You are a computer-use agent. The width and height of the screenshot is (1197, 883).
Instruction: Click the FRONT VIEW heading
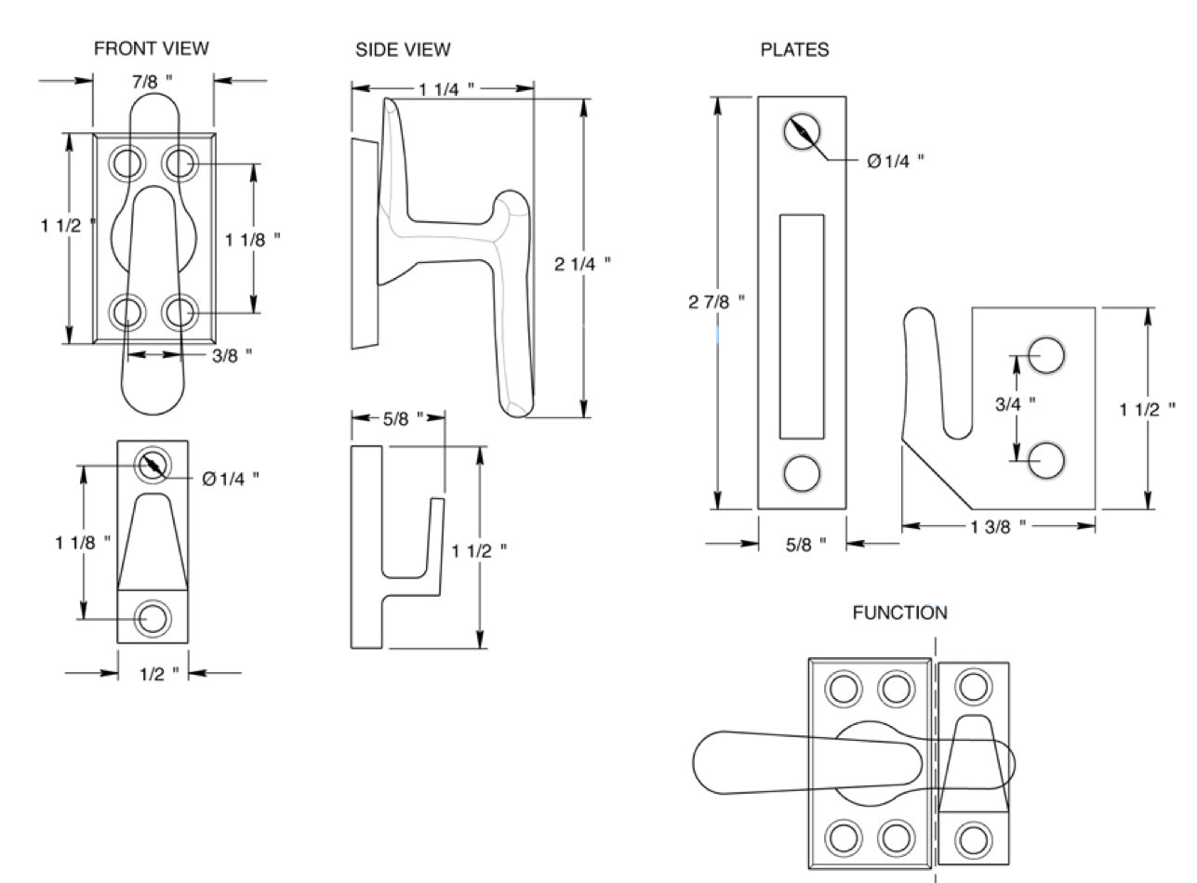tap(152, 47)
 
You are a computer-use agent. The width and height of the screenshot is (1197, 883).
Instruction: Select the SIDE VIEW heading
tap(403, 50)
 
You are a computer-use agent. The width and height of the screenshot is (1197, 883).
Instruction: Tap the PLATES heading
tap(794, 50)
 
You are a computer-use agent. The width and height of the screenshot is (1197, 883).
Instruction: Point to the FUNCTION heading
tap(899, 613)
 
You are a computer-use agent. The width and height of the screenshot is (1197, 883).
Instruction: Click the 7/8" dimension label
tap(151, 82)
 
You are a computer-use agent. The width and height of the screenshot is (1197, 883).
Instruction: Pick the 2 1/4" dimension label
tap(582, 264)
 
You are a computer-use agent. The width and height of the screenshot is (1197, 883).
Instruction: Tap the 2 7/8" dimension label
tap(717, 302)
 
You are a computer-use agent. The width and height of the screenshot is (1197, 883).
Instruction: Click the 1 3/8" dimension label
tap(997, 526)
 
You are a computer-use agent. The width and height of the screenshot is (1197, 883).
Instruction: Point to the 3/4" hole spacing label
tap(1016, 403)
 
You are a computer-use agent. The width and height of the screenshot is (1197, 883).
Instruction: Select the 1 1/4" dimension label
tap(446, 89)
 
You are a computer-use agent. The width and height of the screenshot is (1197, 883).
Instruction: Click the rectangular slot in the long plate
tap(801, 326)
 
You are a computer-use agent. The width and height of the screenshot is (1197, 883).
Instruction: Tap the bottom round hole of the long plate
tap(801, 473)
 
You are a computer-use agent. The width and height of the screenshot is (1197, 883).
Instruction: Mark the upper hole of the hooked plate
tap(1046, 355)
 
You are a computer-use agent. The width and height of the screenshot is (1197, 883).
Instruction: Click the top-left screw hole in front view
tap(126, 164)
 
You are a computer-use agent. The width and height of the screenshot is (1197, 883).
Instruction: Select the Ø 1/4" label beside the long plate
tap(895, 161)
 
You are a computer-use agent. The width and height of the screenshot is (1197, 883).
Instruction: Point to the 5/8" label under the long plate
tap(805, 545)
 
